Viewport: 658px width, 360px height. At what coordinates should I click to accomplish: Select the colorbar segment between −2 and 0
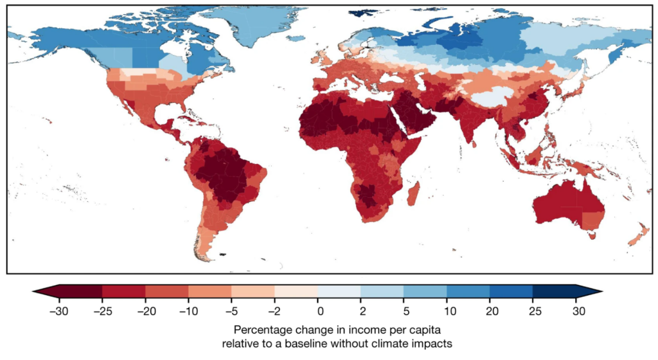296,291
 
